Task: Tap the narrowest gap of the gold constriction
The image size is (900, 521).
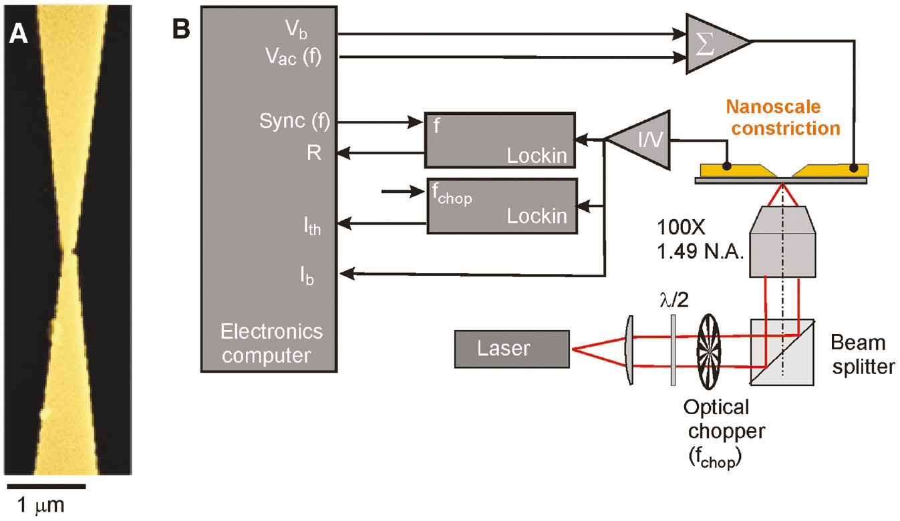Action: coord(71,252)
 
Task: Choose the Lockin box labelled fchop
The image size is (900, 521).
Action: coord(500,206)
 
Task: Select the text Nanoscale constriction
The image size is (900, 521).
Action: coord(782,117)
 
